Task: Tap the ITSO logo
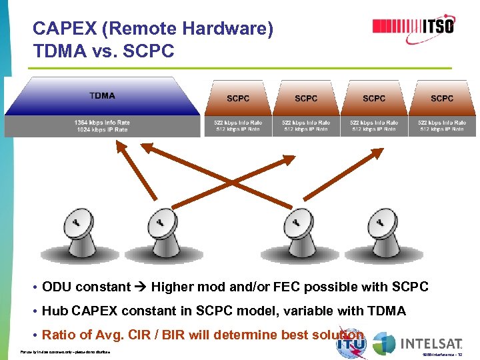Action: coord(413,27)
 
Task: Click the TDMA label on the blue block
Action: coord(102,96)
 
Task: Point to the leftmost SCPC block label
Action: coord(238,99)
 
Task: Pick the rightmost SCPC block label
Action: coord(442,99)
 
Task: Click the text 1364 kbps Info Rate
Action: coord(102,123)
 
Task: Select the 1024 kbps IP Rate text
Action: coord(102,130)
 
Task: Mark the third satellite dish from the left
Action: coord(295,233)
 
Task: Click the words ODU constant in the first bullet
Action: coord(86,287)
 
